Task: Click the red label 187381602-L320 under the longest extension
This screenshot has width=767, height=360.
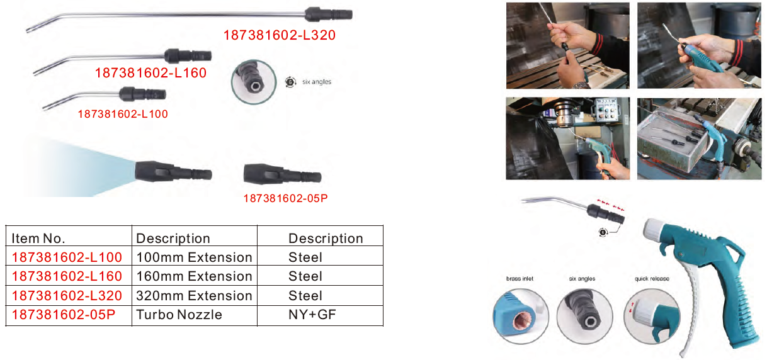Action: pos(280,35)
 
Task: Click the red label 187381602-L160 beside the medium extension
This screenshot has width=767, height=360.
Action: pos(151,73)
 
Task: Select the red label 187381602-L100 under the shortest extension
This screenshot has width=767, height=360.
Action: pos(123,114)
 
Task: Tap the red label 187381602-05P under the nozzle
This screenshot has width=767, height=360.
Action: pos(285,198)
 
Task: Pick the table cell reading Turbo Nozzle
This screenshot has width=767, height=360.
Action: pos(179,315)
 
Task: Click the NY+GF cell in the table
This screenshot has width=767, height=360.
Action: pos(312,315)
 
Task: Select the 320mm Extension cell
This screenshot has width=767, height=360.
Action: pos(194,296)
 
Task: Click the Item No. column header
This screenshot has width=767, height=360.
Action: pos(38,239)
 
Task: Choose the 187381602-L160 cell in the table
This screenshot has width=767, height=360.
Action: pos(67,276)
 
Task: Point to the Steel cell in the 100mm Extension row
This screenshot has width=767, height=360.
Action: pos(305,257)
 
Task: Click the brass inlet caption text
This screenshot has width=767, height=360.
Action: pos(520,279)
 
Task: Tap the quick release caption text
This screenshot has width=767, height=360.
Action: pos(652,279)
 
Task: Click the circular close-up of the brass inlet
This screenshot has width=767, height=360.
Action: pos(521,316)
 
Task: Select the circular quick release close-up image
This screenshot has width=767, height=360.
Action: pos(652,316)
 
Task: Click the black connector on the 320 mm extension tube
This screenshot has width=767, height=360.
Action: pos(328,14)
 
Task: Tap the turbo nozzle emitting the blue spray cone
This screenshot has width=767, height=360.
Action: pos(173,171)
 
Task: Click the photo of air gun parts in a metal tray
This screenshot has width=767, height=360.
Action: pos(699,138)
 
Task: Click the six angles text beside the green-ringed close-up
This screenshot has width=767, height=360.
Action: pos(317,82)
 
